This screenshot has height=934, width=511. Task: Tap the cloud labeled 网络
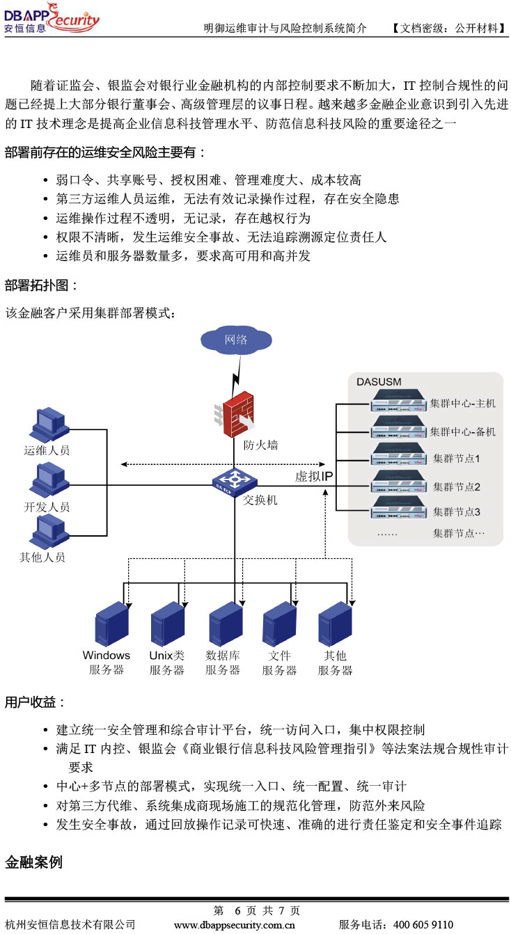coord(236,340)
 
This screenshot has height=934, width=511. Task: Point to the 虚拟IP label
coord(314,476)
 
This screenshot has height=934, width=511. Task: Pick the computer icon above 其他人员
coord(49,532)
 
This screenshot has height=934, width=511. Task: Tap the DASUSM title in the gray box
coord(379,381)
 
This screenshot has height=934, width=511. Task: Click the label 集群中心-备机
coord(462,432)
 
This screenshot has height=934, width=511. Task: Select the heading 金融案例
coord(33,862)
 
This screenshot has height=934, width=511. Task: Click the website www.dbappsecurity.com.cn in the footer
coord(235,925)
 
